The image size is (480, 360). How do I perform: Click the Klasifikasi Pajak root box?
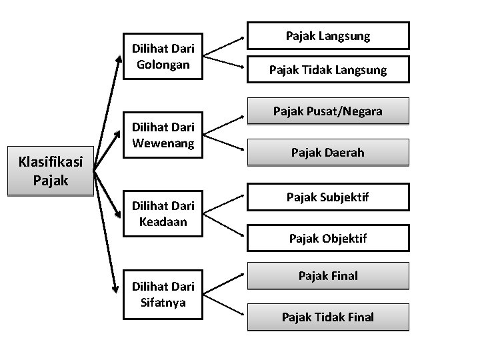[x=49, y=171]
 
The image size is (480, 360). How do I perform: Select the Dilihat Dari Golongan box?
[x=163, y=57]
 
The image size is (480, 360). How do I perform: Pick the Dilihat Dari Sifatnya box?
[x=163, y=294]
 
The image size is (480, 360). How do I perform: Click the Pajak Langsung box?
[x=327, y=36]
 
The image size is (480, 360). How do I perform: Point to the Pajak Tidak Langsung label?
[x=327, y=69]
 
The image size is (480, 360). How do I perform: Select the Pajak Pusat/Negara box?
[x=327, y=111]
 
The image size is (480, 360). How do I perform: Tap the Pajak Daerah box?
[x=327, y=152]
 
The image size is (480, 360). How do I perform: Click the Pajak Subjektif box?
[x=327, y=197]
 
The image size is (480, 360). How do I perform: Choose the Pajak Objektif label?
[x=327, y=237]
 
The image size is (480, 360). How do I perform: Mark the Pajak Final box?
[x=327, y=275]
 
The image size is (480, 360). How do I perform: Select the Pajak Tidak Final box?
[x=327, y=317]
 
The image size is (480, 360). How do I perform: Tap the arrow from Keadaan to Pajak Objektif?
[x=223, y=223]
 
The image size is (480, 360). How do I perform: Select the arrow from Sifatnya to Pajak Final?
[x=223, y=282]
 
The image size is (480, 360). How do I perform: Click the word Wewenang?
[x=163, y=142]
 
